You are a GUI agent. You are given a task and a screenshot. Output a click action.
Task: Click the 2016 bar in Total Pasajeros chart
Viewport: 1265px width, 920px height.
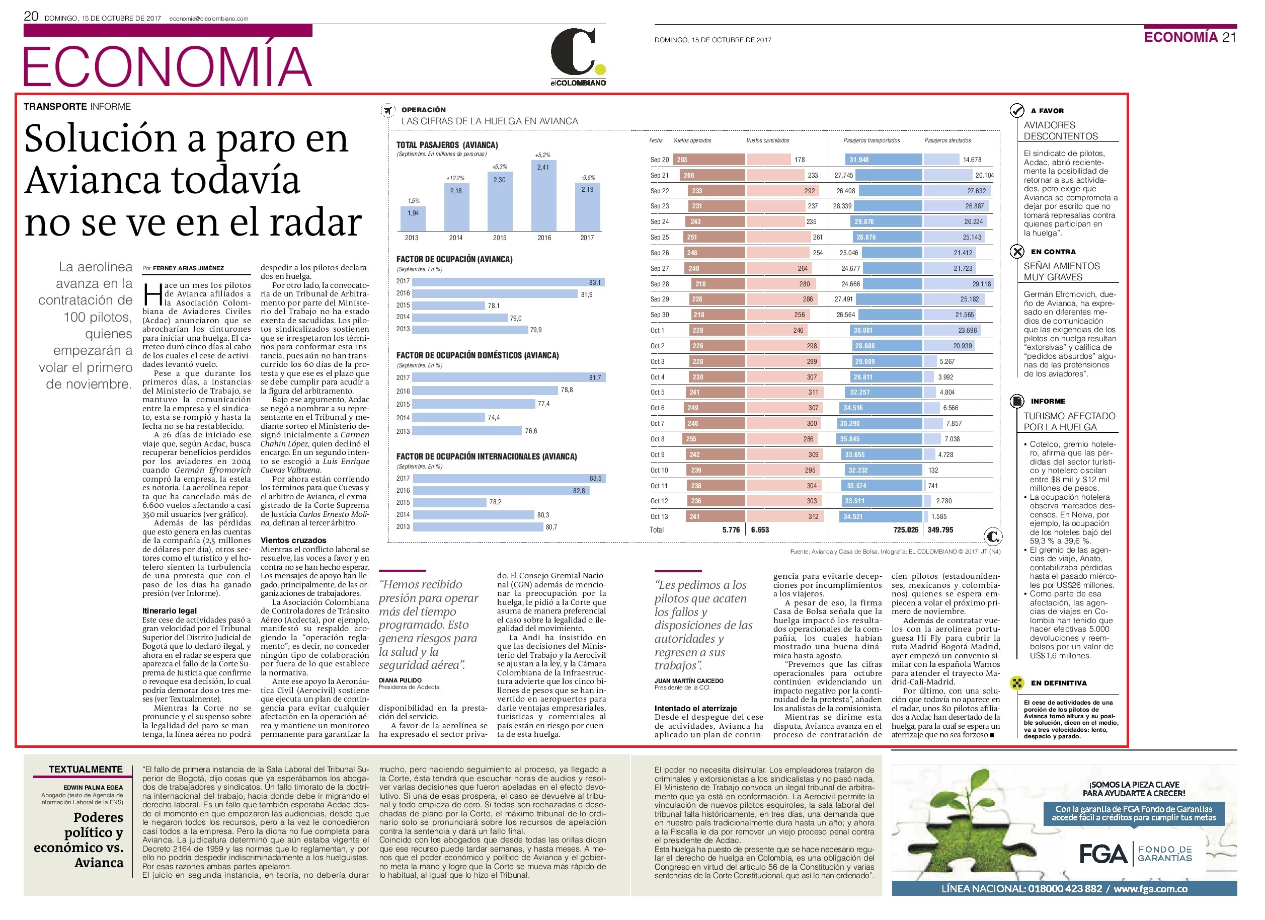point(543,195)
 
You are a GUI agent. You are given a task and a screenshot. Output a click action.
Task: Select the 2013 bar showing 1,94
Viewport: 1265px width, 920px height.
point(413,219)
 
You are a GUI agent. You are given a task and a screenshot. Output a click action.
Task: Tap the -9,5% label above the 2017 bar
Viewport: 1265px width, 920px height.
point(587,178)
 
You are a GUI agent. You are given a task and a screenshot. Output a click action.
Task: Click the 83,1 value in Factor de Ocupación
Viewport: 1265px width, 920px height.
point(595,282)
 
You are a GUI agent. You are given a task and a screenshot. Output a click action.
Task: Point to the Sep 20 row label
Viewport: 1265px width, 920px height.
point(659,160)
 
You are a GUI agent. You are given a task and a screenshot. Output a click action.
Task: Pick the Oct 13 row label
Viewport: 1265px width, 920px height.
point(659,517)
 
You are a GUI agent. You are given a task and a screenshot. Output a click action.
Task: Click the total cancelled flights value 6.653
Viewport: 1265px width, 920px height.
point(760,530)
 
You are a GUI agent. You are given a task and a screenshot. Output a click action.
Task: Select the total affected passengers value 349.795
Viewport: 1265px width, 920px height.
point(940,530)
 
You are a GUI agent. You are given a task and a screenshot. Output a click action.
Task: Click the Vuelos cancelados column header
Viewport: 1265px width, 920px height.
point(768,140)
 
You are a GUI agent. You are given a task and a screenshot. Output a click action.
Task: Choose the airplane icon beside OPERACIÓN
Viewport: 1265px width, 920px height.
point(387,110)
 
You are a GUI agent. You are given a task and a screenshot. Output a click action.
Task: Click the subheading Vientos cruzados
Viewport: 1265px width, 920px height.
point(293,540)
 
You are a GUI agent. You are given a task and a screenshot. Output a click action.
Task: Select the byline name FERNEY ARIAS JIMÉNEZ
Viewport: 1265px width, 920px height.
point(189,268)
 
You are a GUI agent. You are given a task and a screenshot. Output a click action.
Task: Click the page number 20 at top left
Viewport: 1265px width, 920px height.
point(31,16)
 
